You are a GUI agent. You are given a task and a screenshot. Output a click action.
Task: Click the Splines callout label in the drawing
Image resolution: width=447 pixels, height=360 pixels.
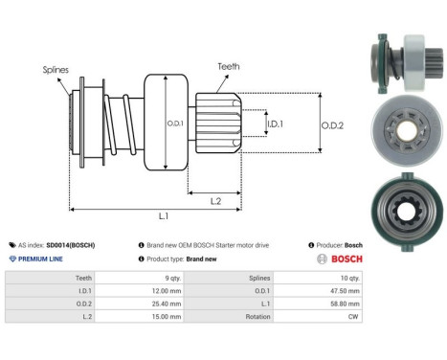pos(56,69)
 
